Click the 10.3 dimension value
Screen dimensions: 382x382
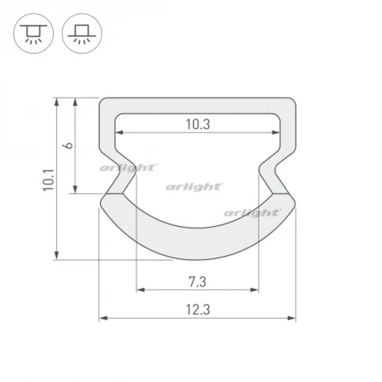[198, 124]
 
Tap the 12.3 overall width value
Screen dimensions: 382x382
[198, 309]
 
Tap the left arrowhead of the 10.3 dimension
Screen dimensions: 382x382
[119, 134]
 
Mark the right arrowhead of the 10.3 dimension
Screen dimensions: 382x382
[278, 134]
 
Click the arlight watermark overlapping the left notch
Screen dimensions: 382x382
[128, 168]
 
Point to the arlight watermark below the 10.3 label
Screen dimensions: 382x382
[195, 186]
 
